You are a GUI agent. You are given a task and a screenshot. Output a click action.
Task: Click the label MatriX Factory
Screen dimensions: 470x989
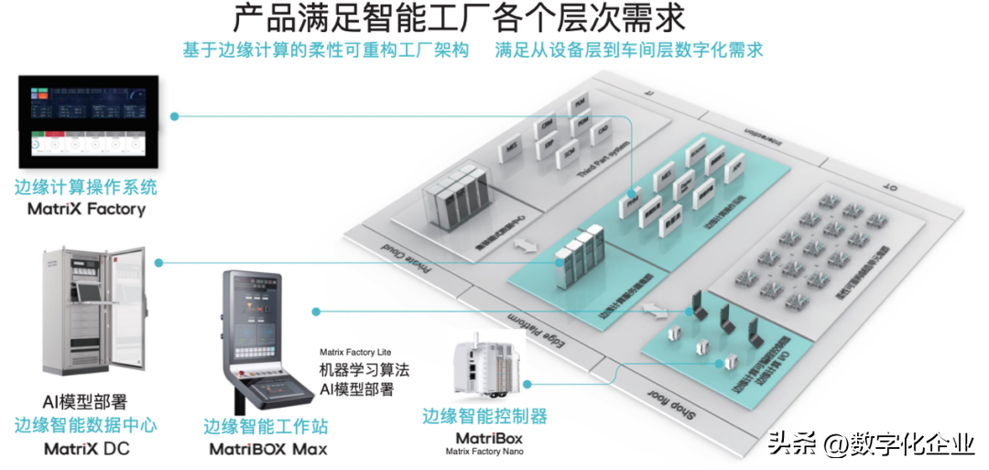(80, 210)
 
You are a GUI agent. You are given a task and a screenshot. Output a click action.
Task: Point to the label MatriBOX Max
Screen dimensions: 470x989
(268, 449)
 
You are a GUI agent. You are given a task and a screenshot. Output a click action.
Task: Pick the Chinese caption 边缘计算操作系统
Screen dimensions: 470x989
(85, 188)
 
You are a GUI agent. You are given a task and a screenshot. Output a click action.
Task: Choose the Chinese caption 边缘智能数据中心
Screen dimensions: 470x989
(85, 425)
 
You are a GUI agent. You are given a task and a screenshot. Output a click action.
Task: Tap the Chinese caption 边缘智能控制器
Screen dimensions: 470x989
(484, 416)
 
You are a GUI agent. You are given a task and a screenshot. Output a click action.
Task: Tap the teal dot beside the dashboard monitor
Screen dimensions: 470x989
(175, 116)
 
